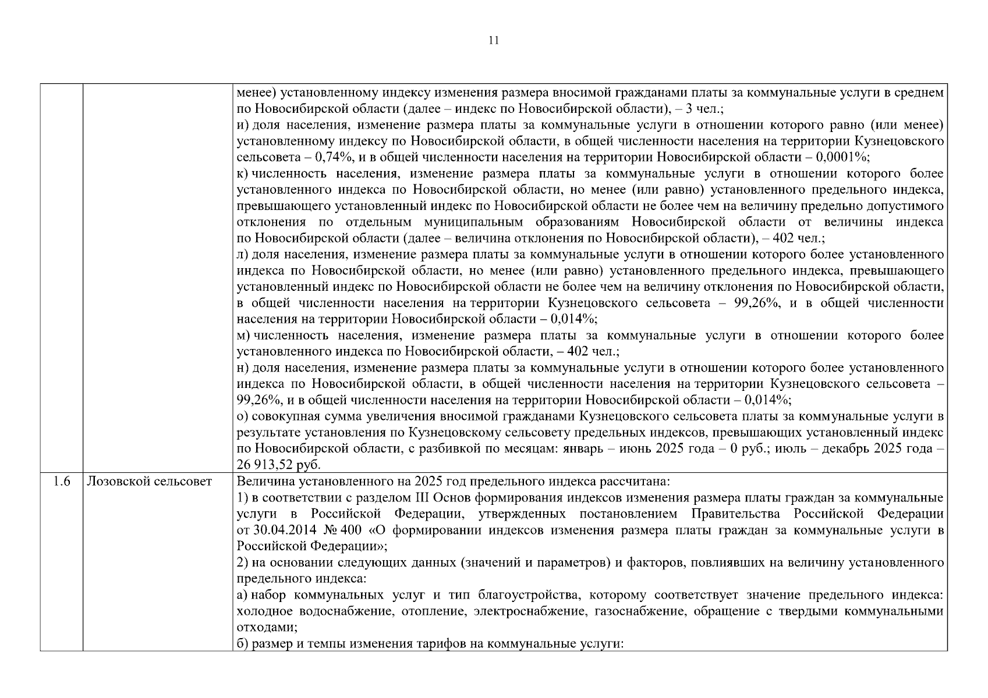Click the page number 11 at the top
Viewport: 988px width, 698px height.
(x=493, y=41)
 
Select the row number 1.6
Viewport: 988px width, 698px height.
(x=61, y=482)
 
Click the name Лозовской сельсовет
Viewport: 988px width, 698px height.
(x=150, y=482)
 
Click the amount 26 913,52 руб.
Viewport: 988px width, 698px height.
(x=279, y=465)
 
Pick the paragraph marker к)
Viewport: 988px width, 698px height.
(x=243, y=174)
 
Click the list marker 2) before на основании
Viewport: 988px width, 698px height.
(x=243, y=563)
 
